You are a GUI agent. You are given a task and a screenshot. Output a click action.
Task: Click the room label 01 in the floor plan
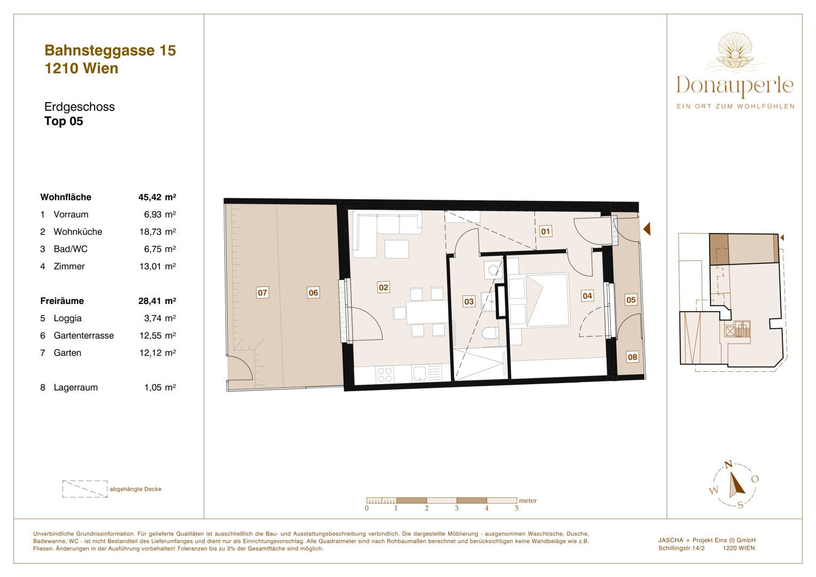(x=545, y=231)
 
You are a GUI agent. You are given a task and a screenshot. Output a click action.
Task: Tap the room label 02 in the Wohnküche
(x=383, y=287)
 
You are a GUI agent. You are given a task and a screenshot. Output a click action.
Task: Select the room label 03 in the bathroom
(x=469, y=301)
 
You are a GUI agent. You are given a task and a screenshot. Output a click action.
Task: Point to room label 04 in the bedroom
(x=587, y=295)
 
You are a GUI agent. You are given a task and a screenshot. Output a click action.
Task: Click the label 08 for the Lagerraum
(x=632, y=357)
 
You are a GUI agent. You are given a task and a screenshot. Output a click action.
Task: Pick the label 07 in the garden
(x=262, y=293)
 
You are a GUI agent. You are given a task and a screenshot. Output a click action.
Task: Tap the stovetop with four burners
(x=385, y=374)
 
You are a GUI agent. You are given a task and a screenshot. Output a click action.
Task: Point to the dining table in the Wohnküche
(x=426, y=313)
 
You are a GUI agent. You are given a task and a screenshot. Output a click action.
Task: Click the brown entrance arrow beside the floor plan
(x=647, y=229)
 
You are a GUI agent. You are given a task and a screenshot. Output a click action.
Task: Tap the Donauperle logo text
(x=735, y=86)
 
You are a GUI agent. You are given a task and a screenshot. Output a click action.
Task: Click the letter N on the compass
(x=728, y=465)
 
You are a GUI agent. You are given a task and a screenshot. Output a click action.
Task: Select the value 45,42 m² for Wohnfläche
(x=157, y=197)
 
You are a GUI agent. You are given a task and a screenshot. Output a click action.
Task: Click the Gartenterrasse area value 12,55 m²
(x=157, y=336)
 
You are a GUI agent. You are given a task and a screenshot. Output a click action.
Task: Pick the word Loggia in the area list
(x=68, y=318)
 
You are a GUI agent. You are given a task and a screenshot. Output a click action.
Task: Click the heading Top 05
(x=64, y=121)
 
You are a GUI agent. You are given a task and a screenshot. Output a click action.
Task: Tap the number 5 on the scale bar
(x=516, y=508)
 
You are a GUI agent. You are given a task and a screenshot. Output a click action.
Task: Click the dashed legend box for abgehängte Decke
(x=85, y=489)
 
